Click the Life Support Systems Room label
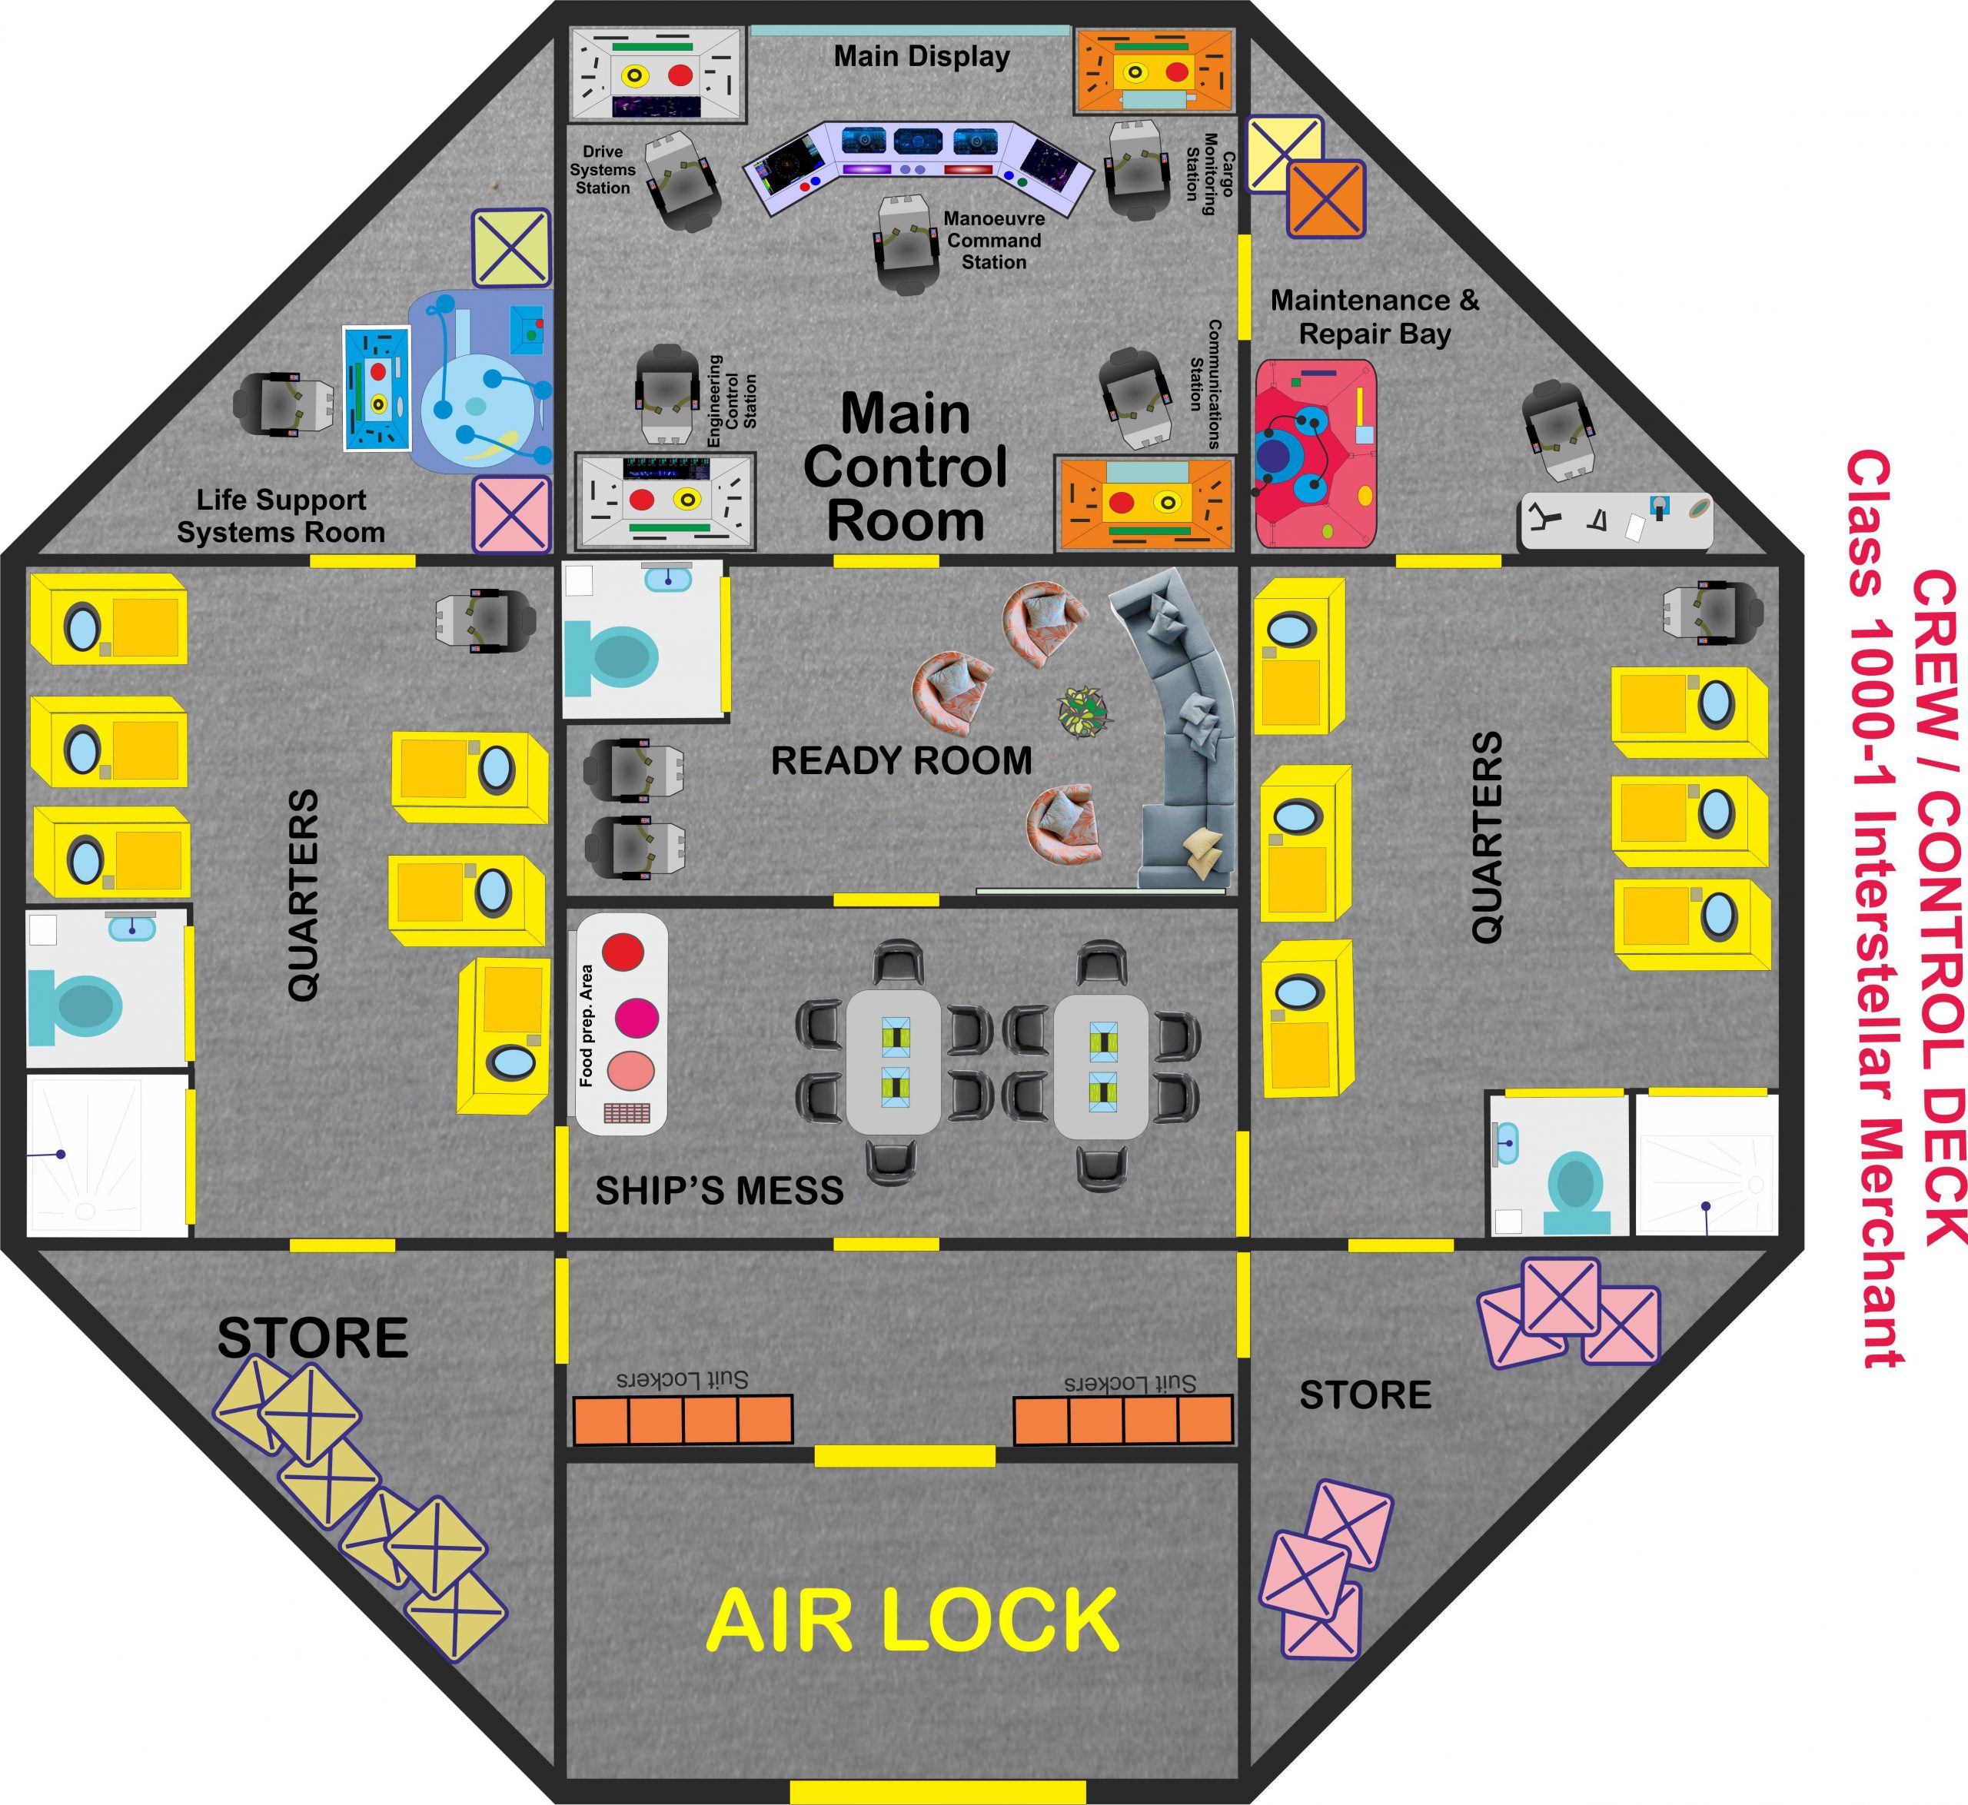tap(281, 516)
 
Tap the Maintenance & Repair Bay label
tap(1375, 317)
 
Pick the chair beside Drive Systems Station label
tap(683, 181)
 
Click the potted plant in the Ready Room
tap(1084, 711)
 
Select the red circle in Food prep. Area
tap(623, 950)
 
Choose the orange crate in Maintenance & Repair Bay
tap(1325, 199)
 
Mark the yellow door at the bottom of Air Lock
tap(938, 1792)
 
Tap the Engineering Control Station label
tap(733, 401)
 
